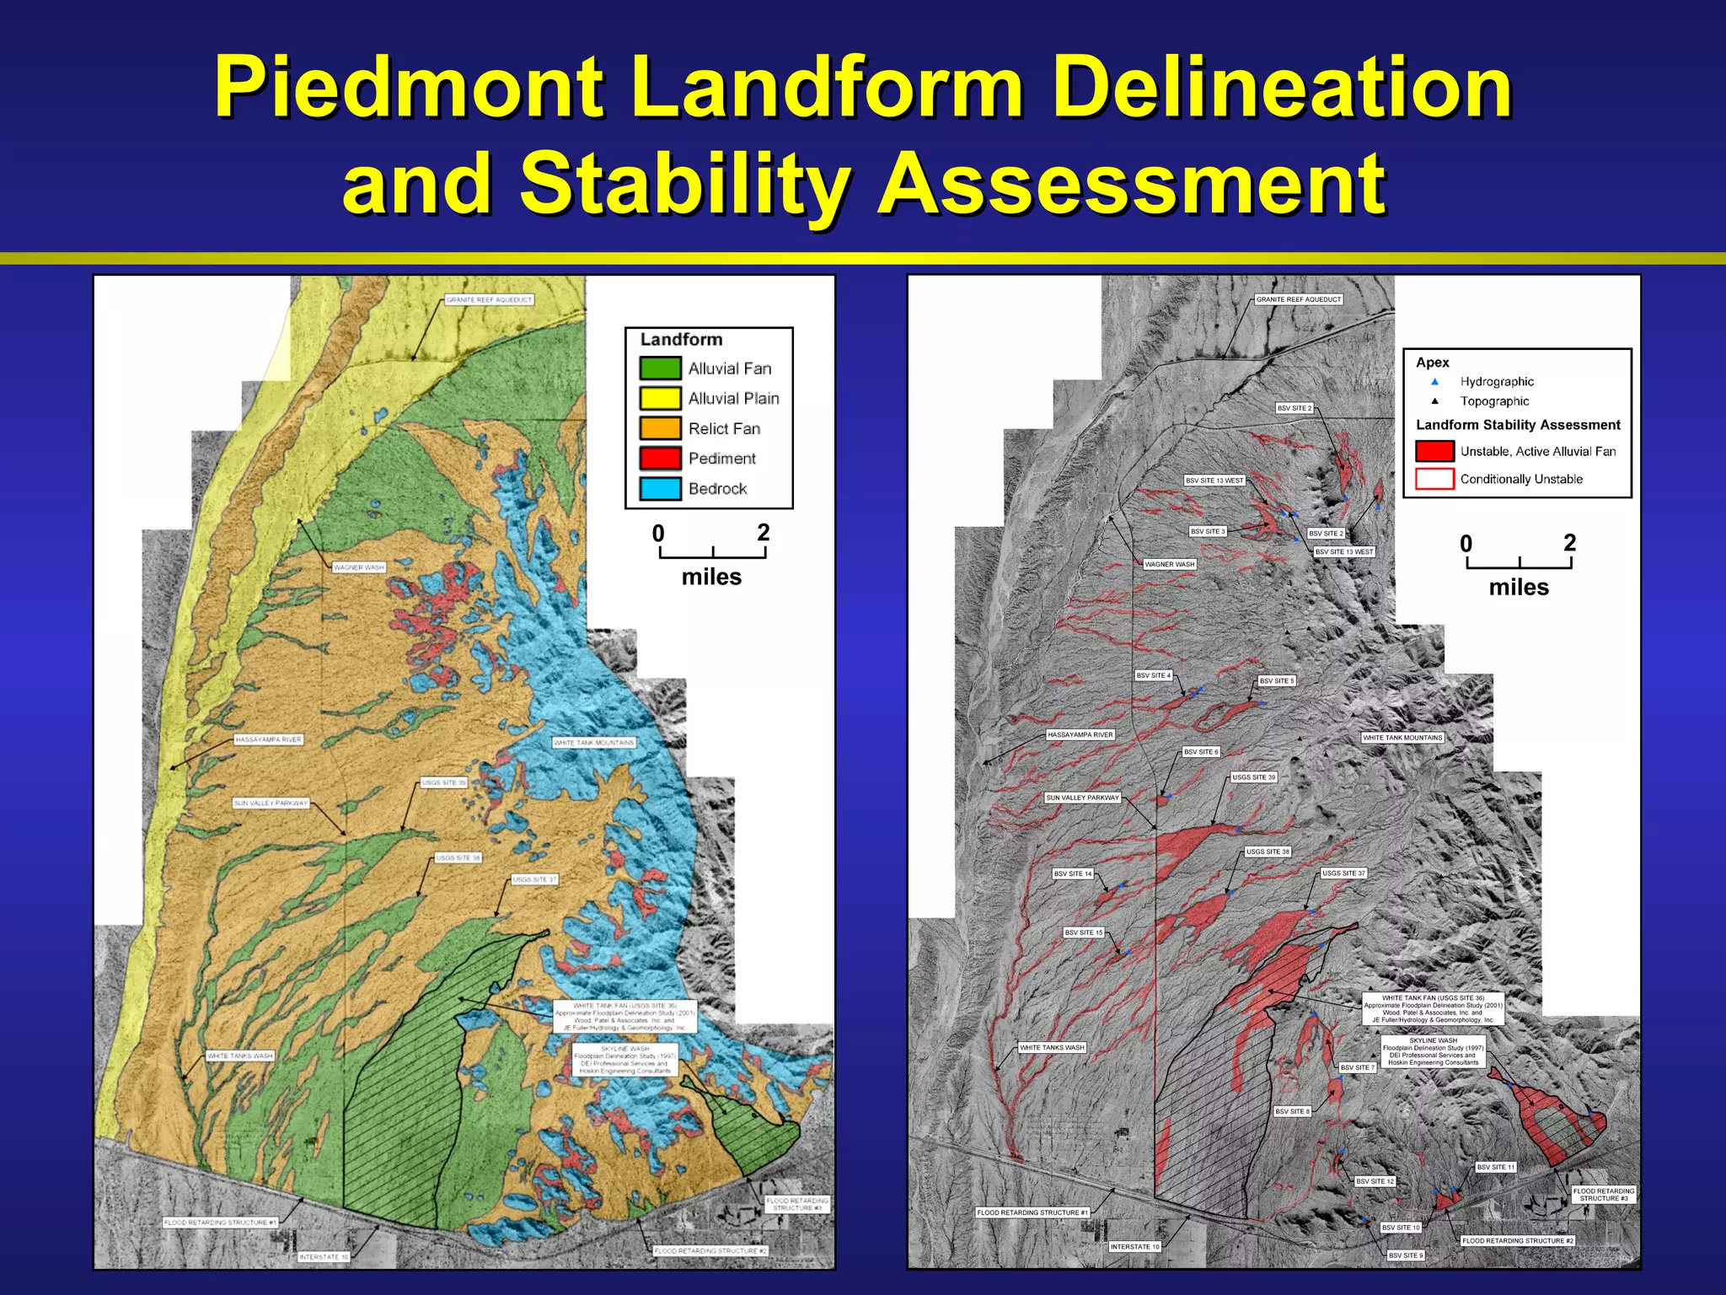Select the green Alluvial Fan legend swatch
click(660, 368)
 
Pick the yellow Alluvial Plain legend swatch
click(660, 398)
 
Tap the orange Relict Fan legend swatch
click(660, 428)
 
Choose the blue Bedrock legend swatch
click(660, 489)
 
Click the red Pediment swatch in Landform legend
click(660, 459)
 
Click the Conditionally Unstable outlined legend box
click(1434, 479)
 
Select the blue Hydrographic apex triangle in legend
click(1434, 382)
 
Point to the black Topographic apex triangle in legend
click(1434, 401)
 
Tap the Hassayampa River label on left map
click(268, 739)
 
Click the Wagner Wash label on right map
click(1170, 564)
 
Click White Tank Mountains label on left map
click(594, 743)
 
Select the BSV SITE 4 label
click(1153, 675)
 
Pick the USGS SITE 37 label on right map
click(1343, 873)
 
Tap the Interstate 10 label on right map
click(1134, 1246)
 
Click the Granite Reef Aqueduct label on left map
click(489, 300)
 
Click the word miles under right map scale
click(1519, 588)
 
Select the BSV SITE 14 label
click(1073, 873)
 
